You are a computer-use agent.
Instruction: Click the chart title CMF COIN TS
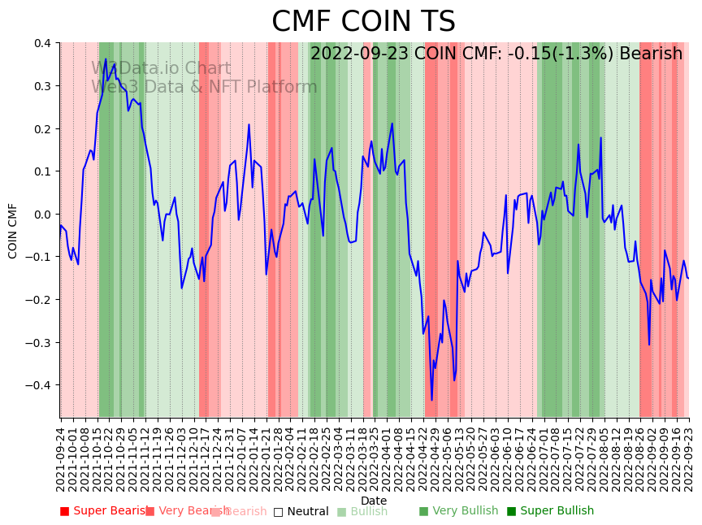coord(363,22)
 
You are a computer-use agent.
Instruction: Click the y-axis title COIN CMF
coord(13,231)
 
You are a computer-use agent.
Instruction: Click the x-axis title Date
coord(374,501)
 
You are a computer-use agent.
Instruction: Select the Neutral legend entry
coord(301,511)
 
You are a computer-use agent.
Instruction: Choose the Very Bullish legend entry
coord(458,511)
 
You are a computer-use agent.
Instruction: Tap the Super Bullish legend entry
coord(550,511)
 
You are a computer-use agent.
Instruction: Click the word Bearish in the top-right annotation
coord(651,54)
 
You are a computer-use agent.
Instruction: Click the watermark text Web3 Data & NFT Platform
coord(204,87)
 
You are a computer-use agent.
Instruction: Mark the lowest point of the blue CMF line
coord(432,400)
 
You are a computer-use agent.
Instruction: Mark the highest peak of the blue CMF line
coord(105,59)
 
